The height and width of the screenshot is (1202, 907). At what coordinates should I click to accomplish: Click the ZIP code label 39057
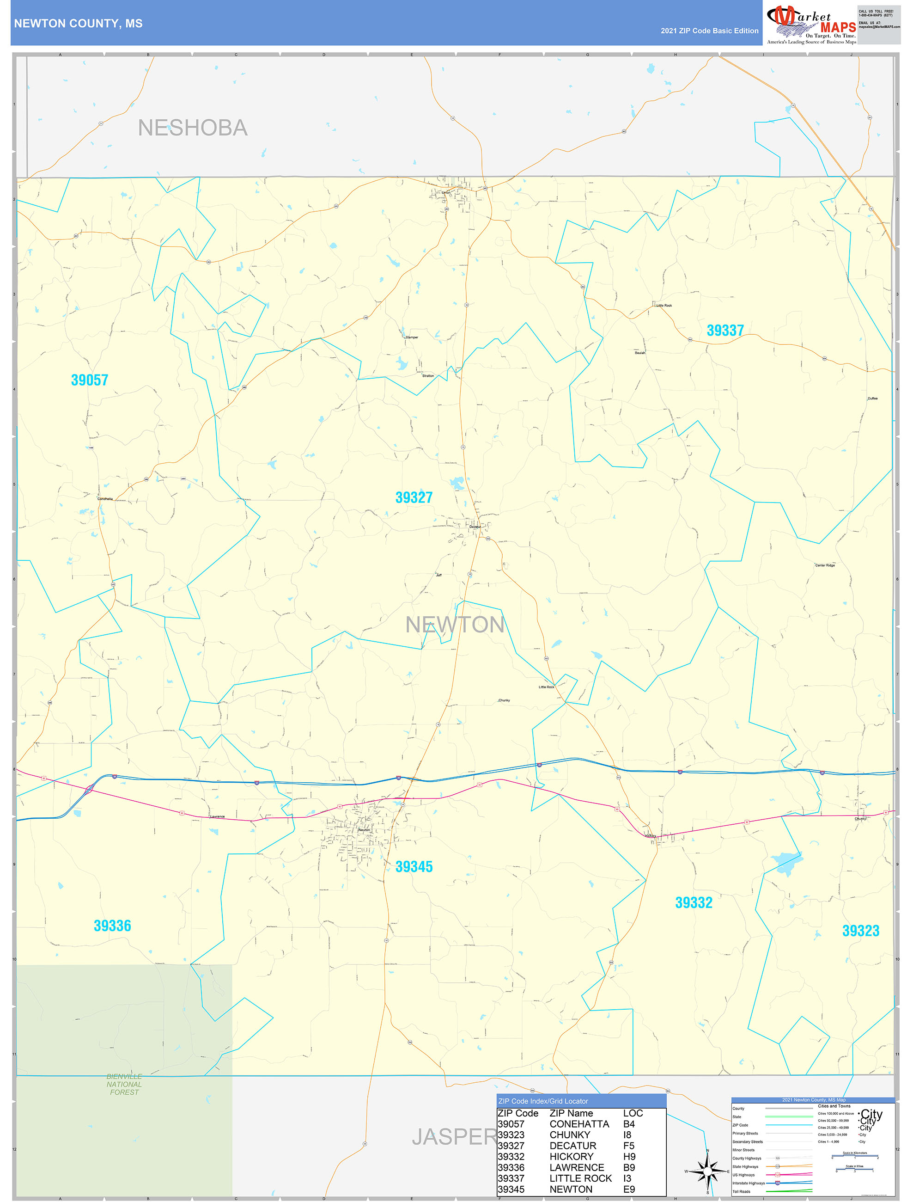click(90, 380)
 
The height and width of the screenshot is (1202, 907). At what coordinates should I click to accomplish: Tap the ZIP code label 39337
click(724, 331)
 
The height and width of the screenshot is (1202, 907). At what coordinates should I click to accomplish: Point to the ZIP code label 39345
click(414, 867)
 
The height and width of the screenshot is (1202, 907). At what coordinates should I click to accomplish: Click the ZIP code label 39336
click(112, 926)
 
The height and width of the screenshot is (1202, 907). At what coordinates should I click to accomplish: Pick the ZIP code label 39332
click(694, 902)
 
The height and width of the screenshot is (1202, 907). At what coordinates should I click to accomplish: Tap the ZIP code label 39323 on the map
click(860, 931)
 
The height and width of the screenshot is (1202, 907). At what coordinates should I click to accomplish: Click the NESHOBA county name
click(193, 128)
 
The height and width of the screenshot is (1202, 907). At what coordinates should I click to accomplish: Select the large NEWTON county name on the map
click(455, 625)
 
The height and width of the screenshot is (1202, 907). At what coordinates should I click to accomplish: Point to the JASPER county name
click(454, 1137)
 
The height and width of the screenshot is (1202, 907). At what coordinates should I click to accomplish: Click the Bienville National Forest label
click(124, 1084)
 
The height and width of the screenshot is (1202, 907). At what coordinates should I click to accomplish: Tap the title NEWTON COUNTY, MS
click(78, 24)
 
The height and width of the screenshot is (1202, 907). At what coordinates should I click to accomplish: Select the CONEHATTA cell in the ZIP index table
click(579, 1124)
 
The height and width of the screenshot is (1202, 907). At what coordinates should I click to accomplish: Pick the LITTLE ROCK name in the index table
click(580, 1178)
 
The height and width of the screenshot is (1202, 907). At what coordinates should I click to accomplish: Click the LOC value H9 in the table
click(629, 1156)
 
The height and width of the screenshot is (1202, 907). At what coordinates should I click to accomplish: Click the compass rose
click(707, 1171)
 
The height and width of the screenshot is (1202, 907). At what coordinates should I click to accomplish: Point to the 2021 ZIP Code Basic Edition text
click(709, 31)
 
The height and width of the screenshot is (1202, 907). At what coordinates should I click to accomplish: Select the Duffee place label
click(872, 399)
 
